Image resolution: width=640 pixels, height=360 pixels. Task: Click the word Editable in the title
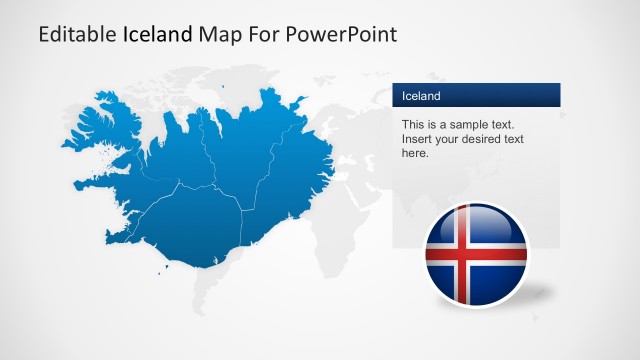coord(78,34)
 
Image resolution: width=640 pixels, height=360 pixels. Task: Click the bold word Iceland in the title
coord(158,34)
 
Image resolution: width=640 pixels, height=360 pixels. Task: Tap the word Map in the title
coord(219,34)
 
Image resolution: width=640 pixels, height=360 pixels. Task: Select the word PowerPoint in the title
coord(341,34)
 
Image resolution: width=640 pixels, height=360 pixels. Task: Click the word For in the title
coord(263,34)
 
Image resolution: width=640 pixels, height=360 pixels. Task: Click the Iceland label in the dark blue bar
coord(421,96)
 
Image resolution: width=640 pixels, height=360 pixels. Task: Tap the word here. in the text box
coord(415,153)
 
